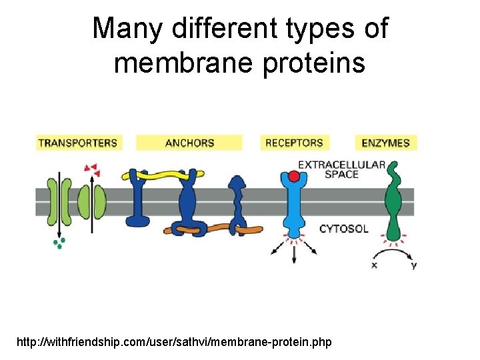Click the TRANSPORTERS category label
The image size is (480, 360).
point(77,143)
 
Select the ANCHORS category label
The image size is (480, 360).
point(189,143)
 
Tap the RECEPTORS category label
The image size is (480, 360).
point(294,143)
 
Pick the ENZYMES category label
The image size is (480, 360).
point(385,143)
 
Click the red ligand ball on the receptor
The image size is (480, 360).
point(293,177)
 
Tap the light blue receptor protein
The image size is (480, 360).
point(293,207)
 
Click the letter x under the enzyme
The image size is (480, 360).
point(374,265)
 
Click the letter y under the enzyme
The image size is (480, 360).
point(413,265)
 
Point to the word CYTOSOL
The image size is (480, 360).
point(343,229)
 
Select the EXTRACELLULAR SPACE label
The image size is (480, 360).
point(341,169)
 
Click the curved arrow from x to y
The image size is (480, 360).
point(393,252)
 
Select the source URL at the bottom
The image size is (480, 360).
point(173,342)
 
